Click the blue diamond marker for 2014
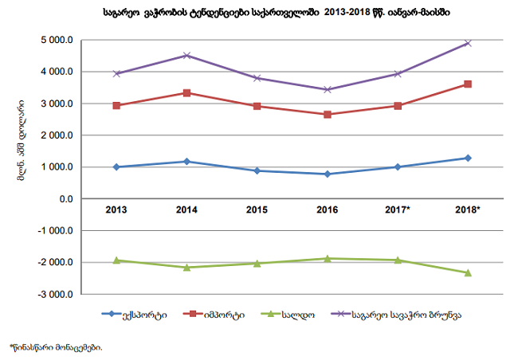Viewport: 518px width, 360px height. click(186, 162)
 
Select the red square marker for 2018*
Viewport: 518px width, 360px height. click(468, 84)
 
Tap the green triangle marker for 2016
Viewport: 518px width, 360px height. click(327, 258)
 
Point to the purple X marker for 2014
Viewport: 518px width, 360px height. click(186, 56)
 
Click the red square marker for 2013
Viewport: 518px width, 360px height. click(116, 105)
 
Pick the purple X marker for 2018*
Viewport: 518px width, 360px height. click(468, 43)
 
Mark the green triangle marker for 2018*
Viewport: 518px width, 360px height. click(468, 272)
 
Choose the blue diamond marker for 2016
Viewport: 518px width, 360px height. click(327, 174)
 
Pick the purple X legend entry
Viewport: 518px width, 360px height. click(390, 314)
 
